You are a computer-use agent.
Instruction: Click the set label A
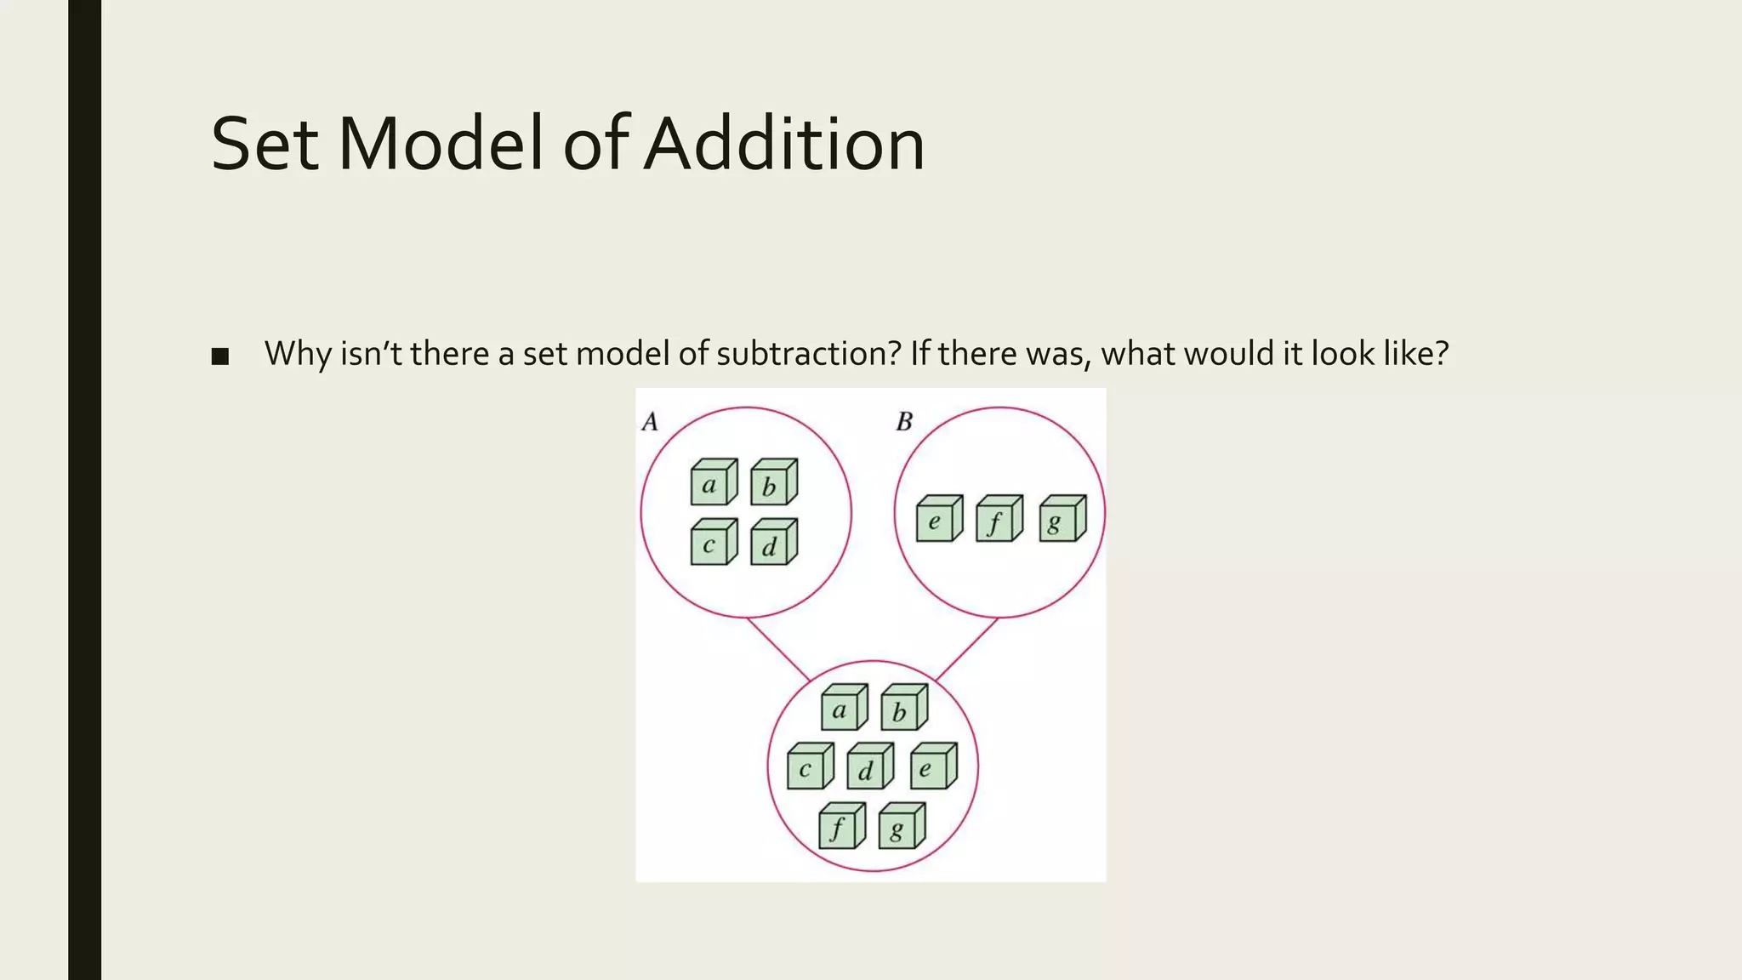click(650, 422)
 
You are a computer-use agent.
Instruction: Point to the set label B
click(904, 422)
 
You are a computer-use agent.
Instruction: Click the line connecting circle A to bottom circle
click(778, 649)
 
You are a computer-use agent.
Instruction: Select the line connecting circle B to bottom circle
click(966, 649)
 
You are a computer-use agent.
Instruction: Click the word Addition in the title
click(783, 144)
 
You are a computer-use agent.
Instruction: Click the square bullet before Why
click(220, 356)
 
